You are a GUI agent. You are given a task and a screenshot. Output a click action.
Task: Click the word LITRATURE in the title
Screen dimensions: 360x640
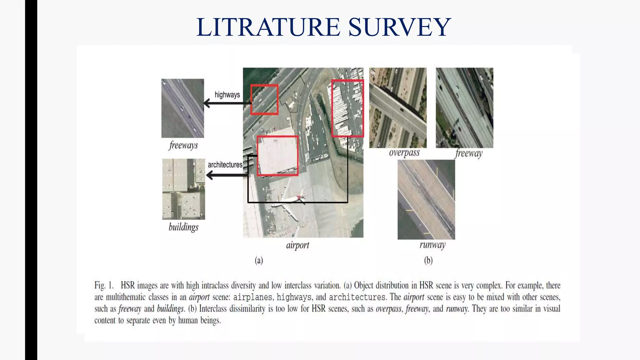[x=268, y=27]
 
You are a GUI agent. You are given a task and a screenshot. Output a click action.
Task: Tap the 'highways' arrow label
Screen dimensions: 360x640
[x=227, y=95]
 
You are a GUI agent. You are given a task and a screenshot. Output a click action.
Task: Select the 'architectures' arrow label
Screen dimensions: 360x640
[x=225, y=165]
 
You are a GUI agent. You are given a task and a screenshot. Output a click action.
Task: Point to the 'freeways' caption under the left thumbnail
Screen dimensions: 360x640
[x=183, y=145]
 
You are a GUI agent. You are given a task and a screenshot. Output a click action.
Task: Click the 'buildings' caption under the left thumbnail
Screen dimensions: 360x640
[x=183, y=227]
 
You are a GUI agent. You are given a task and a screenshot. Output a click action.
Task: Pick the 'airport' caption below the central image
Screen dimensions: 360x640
[x=297, y=245]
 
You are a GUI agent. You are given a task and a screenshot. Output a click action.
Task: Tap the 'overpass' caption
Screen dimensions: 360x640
[x=404, y=153]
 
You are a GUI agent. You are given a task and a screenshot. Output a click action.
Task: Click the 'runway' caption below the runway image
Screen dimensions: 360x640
[x=432, y=245]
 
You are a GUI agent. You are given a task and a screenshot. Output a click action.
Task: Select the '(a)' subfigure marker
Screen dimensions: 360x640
[x=259, y=260]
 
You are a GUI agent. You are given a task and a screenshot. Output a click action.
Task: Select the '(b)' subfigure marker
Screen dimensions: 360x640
[x=428, y=260]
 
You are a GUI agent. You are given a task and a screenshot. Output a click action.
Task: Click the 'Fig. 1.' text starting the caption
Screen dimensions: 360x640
[x=104, y=285]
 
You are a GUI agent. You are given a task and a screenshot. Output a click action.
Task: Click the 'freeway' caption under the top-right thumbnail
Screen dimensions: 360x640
[x=469, y=153]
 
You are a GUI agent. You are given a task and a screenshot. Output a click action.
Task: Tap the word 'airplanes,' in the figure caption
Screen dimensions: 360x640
[x=252, y=297]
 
